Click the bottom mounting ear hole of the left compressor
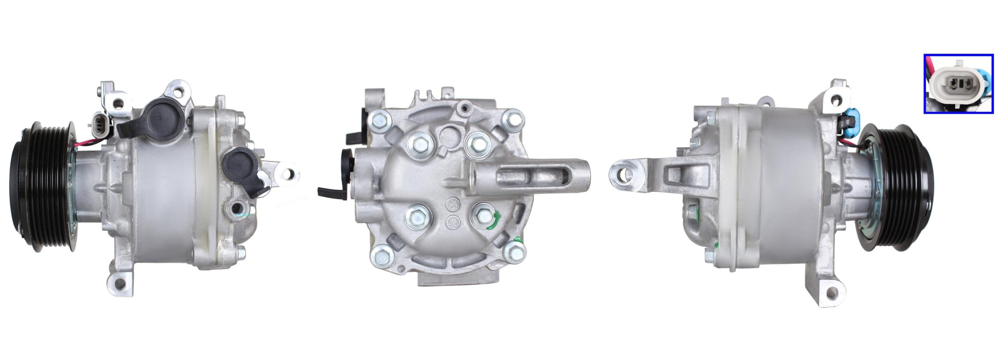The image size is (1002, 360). (x=119, y=284)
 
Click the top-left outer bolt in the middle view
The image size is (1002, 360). (x=379, y=119)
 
